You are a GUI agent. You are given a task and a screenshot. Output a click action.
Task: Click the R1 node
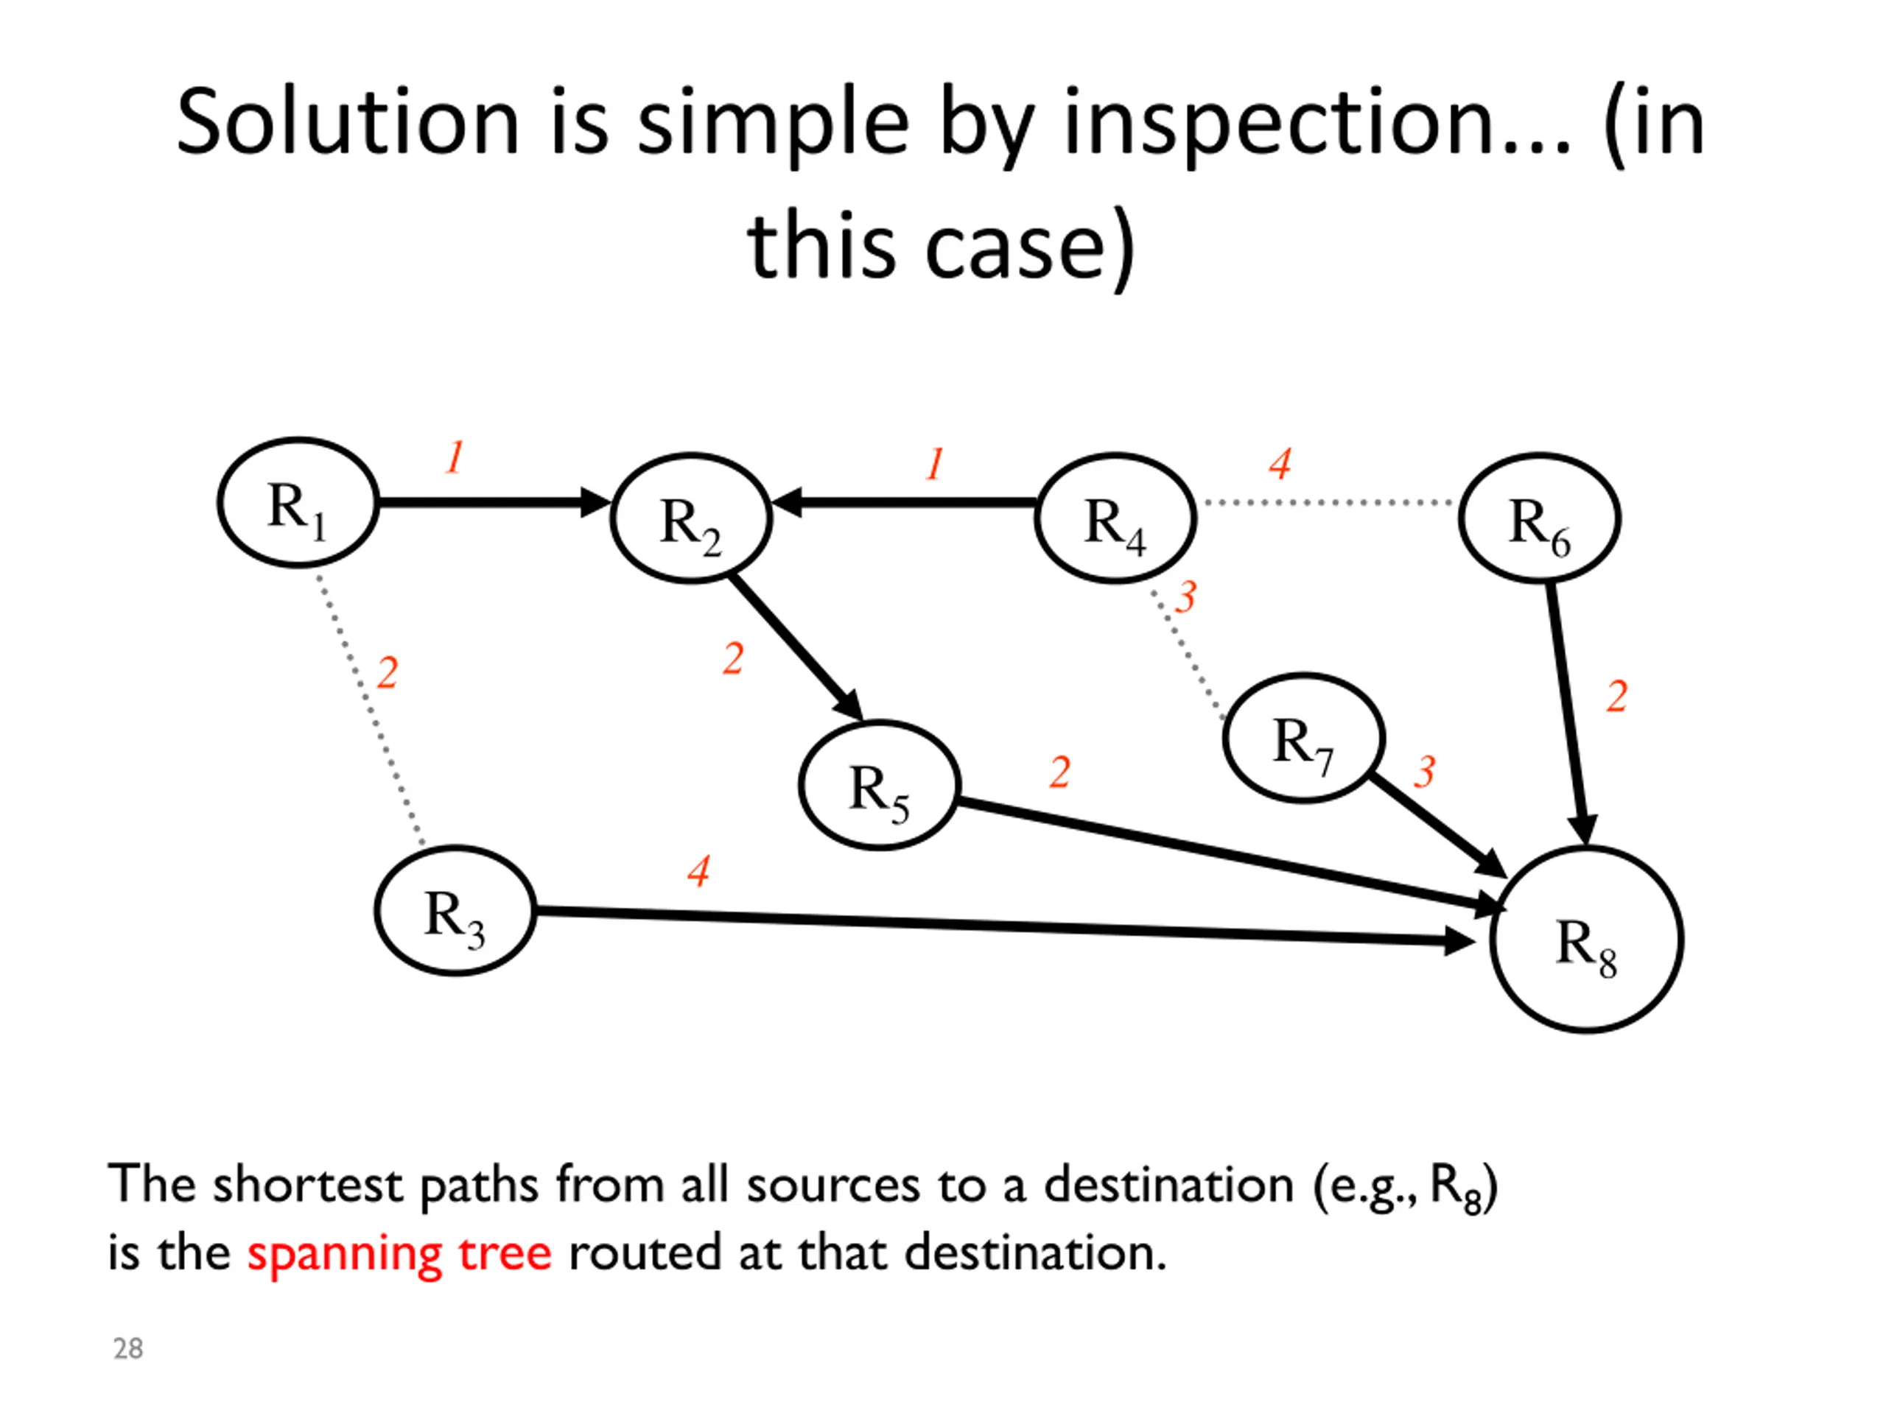[298, 503]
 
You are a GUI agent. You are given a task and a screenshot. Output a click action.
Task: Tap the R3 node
[455, 911]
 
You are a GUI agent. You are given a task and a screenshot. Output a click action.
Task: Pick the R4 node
[1115, 518]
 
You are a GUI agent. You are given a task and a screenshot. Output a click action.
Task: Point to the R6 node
[1539, 518]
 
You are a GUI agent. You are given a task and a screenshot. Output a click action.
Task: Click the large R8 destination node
[1587, 940]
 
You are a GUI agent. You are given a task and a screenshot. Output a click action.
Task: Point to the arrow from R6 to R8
[1567, 708]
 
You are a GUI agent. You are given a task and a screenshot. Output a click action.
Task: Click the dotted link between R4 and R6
[1328, 503]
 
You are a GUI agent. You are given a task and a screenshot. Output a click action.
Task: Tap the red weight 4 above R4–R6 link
[1280, 465]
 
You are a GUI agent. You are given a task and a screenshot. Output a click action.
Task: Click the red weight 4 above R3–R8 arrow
[699, 871]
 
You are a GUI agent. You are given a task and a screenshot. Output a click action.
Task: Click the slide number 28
[128, 1349]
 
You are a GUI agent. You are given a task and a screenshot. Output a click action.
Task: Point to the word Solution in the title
[348, 124]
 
